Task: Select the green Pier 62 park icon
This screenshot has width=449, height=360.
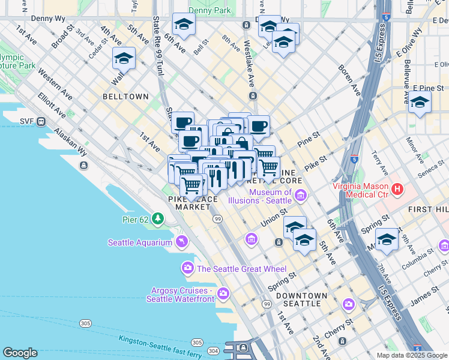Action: [x=158, y=218]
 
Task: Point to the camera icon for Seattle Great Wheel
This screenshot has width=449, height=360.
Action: [x=188, y=267]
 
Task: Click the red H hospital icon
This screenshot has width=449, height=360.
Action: [x=397, y=190]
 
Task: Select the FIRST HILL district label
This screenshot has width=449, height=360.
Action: [x=428, y=209]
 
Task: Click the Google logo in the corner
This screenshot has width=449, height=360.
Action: [x=20, y=353]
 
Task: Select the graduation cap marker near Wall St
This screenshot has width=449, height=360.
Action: [x=124, y=58]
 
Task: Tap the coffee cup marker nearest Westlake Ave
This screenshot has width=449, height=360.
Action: [x=259, y=126]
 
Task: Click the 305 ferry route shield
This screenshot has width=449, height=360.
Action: [x=85, y=323]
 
